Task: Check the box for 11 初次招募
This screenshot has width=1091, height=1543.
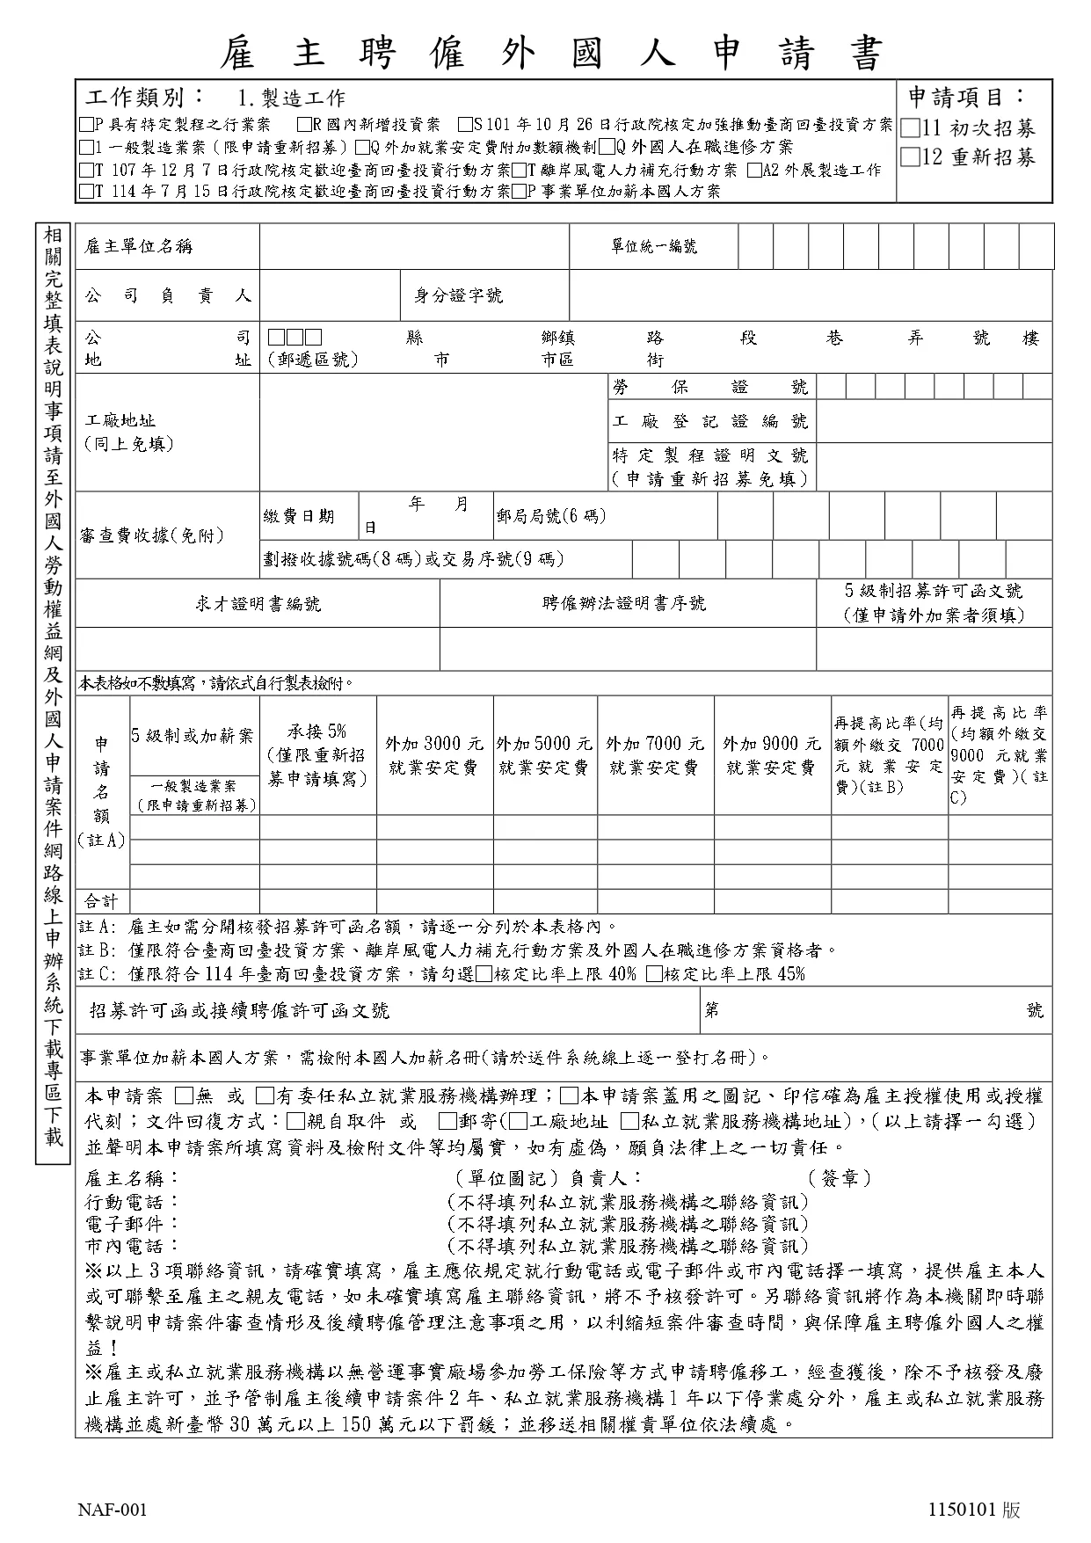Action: click(911, 128)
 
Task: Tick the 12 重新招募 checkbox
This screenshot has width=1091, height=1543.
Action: click(911, 158)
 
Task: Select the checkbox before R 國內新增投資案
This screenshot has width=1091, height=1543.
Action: click(304, 125)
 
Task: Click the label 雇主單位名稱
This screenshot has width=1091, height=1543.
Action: click(138, 247)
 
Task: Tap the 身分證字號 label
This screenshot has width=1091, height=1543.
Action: click(458, 296)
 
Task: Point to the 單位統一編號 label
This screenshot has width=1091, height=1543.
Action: click(654, 247)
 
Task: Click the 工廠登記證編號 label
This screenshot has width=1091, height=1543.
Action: click(709, 422)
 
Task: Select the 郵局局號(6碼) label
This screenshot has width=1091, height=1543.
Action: click(550, 516)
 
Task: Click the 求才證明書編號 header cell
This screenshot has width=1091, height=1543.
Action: click(258, 604)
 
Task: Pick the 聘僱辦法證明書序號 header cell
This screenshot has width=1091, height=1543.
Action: click(624, 604)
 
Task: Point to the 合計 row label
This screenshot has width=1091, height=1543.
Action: click(100, 901)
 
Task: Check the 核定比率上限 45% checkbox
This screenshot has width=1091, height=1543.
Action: click(653, 974)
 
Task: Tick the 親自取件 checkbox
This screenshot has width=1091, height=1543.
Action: click(295, 1121)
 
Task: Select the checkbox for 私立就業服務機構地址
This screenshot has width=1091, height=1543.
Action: click(629, 1121)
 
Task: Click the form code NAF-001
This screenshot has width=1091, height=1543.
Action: click(113, 1510)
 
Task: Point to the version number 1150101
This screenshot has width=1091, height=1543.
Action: click(961, 1510)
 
